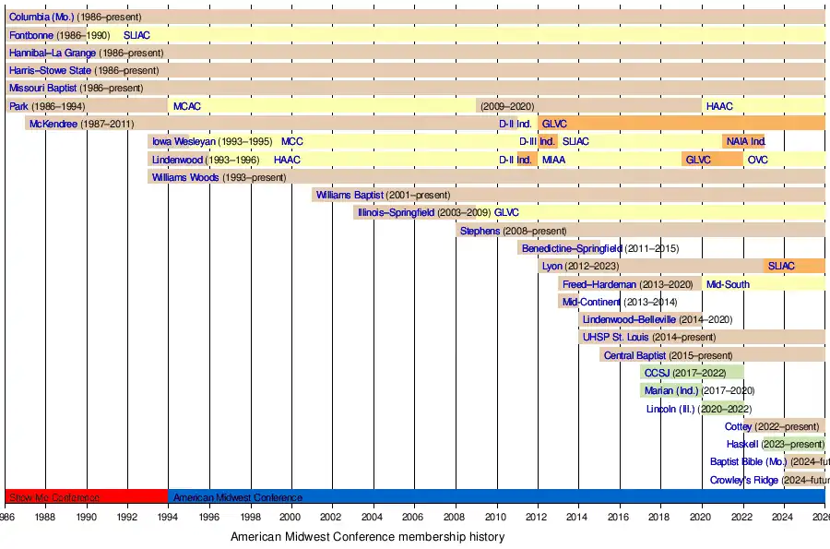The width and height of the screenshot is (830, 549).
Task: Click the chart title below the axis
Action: coord(367,536)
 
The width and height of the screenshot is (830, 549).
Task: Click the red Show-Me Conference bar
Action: coord(86,496)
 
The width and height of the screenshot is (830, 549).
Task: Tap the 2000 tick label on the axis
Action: coord(291,519)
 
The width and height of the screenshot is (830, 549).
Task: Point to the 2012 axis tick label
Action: coord(538,519)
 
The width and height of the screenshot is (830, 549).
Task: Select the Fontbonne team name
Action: coord(31,35)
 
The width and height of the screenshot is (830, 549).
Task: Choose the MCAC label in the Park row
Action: coord(186,106)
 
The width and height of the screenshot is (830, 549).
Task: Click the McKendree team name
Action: coord(53,124)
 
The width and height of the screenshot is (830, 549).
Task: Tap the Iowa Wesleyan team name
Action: coord(184,141)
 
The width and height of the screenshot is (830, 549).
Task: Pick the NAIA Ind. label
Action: coord(746,141)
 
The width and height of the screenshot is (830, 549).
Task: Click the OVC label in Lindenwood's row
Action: coord(757,160)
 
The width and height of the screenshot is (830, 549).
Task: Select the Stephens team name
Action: coord(480,231)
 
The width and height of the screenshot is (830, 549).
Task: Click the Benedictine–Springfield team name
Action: coord(572,248)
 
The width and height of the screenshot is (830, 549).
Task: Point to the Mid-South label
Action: coord(728,284)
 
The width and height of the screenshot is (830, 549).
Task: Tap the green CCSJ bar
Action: coord(692,373)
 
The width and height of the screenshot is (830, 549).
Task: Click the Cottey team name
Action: coord(738,426)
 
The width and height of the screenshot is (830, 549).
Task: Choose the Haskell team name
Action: coord(742,444)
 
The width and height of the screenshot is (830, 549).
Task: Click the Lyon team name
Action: coord(552,266)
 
